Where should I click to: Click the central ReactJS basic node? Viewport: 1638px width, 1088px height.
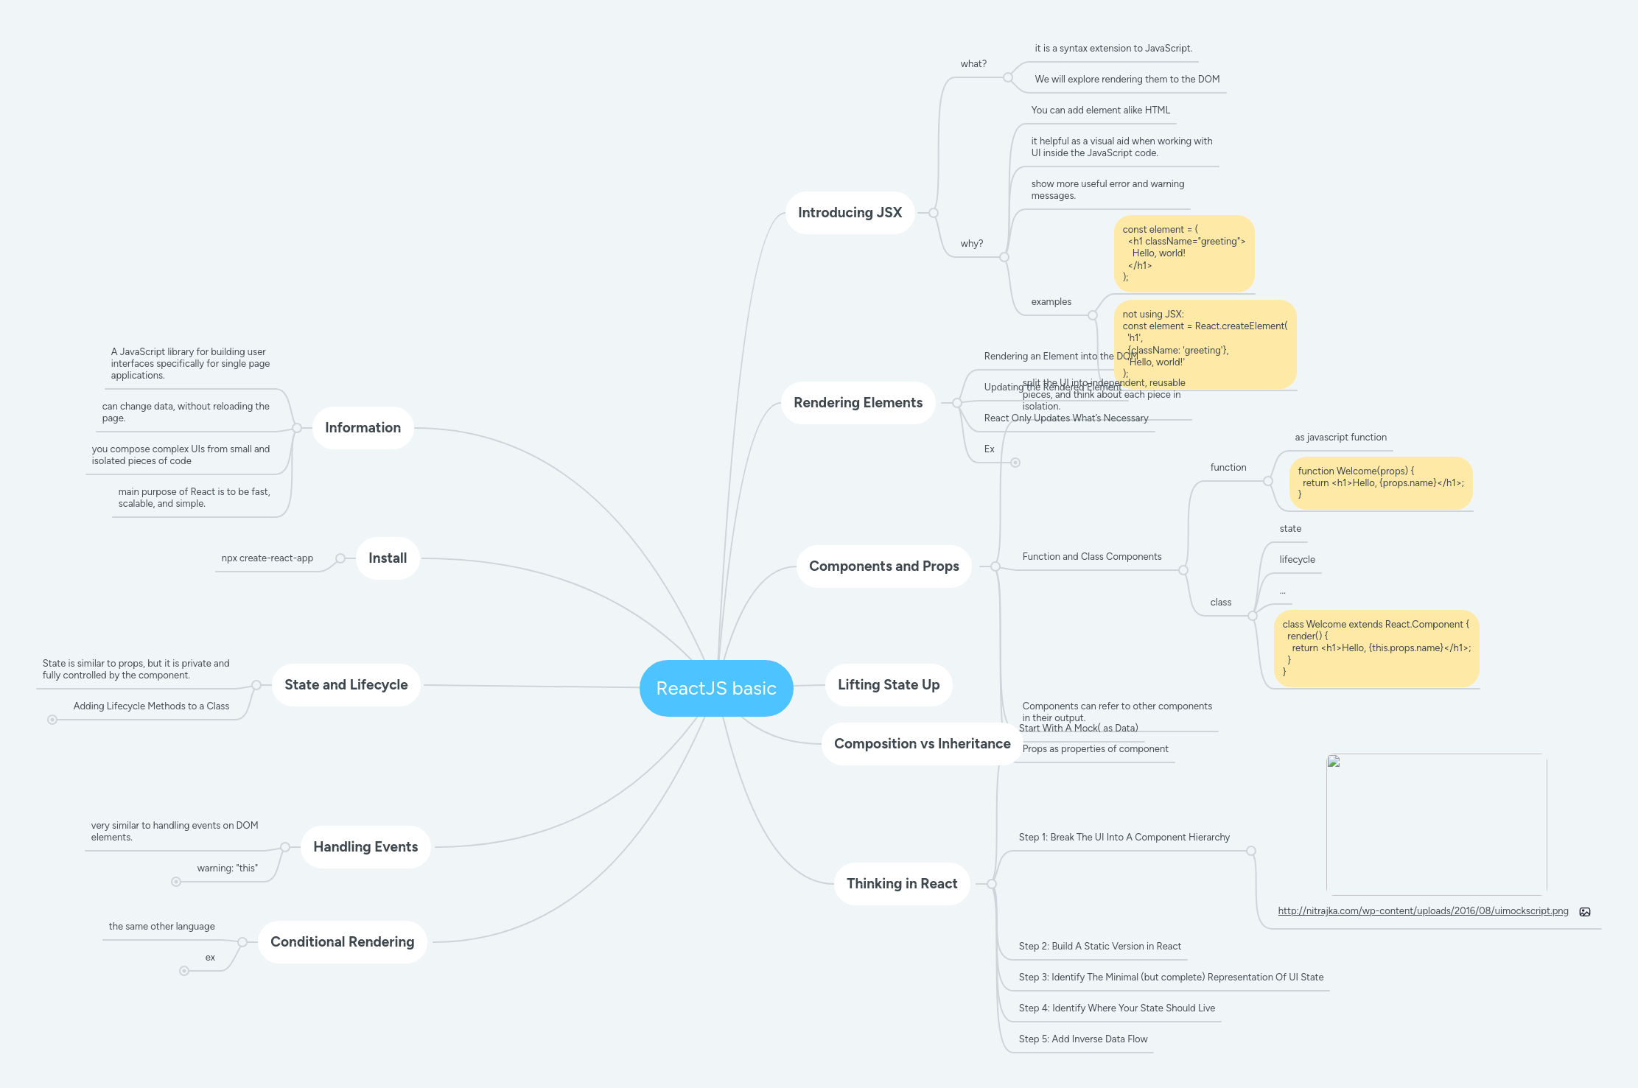[716, 688]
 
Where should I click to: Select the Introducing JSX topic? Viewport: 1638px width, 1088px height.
[850, 213]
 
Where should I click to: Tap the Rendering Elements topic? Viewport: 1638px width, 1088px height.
[858, 403]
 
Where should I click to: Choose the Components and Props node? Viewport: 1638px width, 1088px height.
[883, 566]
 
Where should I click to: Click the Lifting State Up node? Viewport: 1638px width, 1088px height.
[888, 685]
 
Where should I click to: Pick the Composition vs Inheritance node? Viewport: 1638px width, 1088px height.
[922, 744]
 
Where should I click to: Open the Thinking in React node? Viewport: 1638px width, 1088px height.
[901, 884]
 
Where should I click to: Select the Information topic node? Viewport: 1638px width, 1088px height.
[363, 428]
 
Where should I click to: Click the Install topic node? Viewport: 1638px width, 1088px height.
[388, 558]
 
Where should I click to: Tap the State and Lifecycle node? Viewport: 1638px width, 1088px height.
[346, 685]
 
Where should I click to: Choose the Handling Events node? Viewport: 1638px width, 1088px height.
[365, 847]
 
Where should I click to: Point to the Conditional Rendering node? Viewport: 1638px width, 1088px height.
[342, 942]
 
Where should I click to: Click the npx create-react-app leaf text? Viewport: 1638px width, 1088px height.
[267, 558]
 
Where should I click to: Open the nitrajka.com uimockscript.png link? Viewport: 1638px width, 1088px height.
[1423, 911]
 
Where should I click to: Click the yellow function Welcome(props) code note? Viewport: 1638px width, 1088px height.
[1380, 483]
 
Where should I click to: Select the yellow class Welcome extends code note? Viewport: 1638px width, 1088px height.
[1376, 648]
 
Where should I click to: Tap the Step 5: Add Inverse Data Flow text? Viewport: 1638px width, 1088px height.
[1082, 1039]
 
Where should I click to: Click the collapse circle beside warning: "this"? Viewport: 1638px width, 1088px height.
[176, 882]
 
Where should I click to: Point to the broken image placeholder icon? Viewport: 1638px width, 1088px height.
[1334, 762]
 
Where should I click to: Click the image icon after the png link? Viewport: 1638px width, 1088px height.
[1585, 912]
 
